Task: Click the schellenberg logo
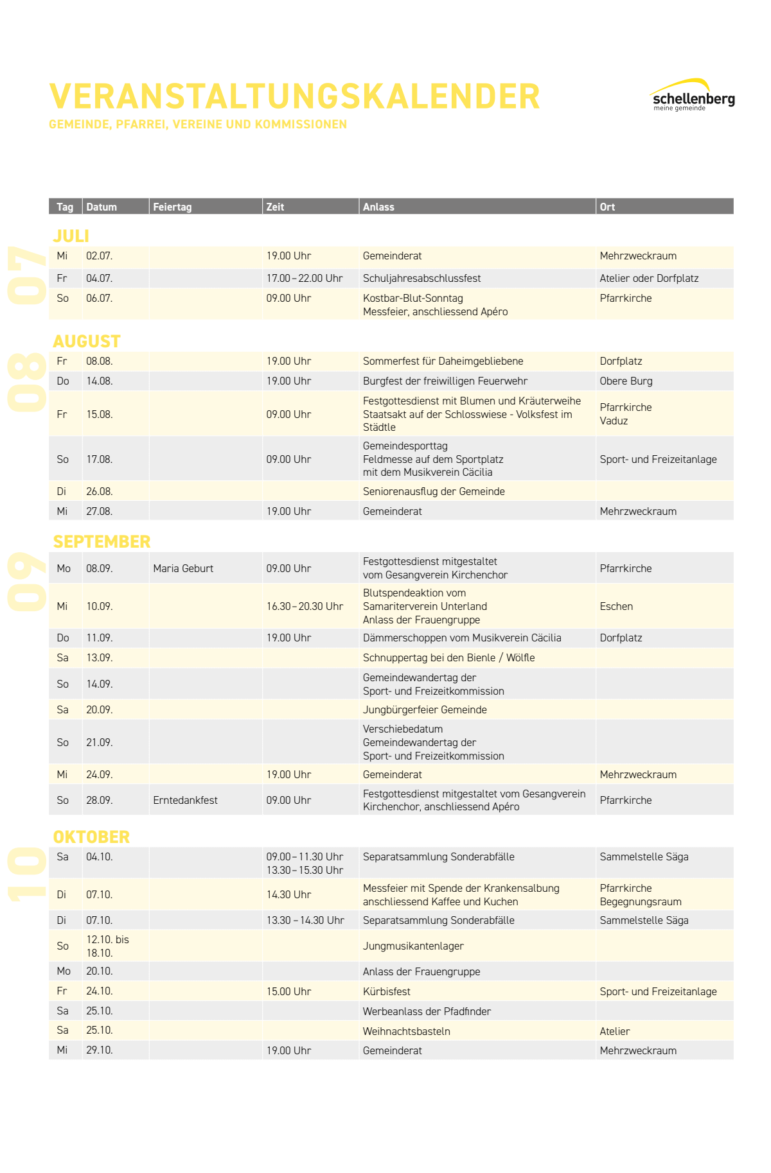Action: coord(693,96)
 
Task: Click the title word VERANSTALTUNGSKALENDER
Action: coord(294,96)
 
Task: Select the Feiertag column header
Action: coord(172,207)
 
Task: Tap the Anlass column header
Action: coord(378,207)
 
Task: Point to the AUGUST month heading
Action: coord(87,341)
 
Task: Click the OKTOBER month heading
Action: coord(91,837)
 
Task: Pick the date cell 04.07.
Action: coord(99,278)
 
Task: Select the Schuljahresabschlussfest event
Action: coord(421,278)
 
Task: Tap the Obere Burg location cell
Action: coord(626,381)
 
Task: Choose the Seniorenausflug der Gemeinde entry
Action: coord(434,491)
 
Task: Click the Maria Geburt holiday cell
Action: coord(183,568)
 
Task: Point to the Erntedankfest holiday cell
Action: coord(185,800)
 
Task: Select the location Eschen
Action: coord(616,606)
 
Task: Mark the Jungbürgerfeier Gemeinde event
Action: coord(425,709)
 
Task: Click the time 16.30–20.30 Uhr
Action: coord(305,606)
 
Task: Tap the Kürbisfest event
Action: coord(386,991)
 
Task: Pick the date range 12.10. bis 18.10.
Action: coord(107,946)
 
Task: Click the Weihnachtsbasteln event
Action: coord(406,1031)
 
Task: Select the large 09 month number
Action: coord(27,580)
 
